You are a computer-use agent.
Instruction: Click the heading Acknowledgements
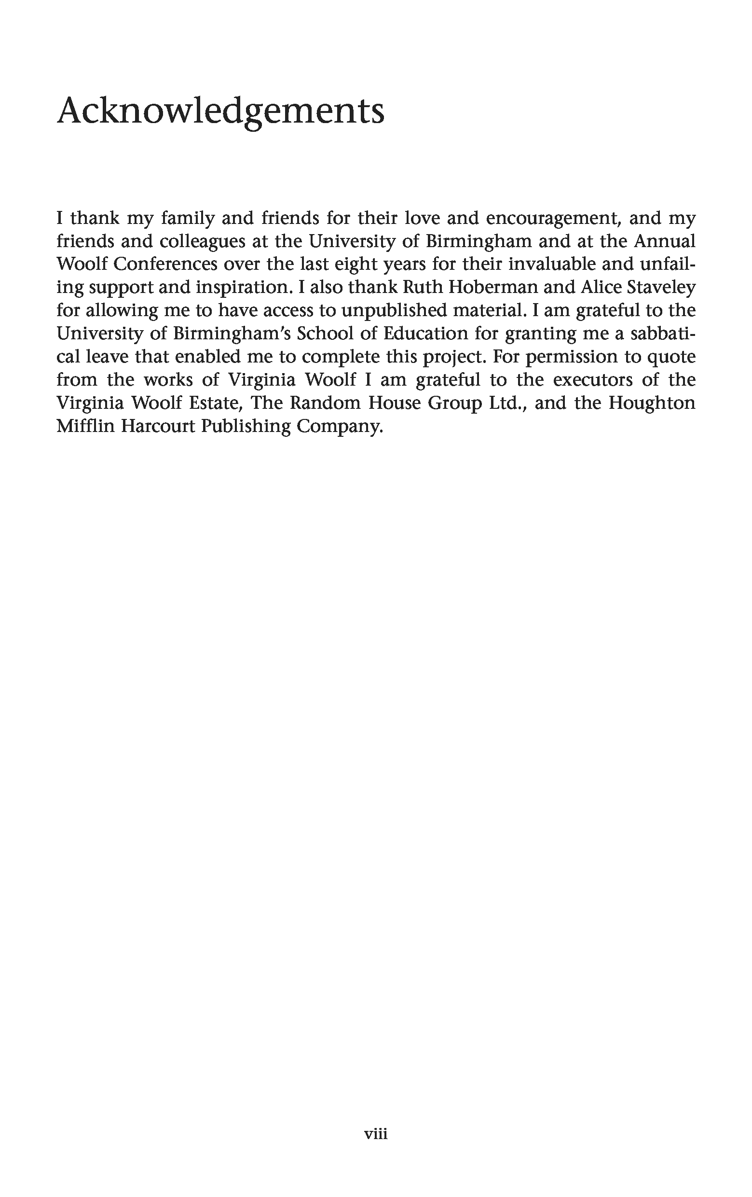tap(220, 111)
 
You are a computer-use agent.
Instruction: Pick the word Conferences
tap(165, 264)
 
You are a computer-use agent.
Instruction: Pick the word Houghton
tap(652, 403)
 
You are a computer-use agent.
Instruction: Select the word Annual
tap(664, 241)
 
